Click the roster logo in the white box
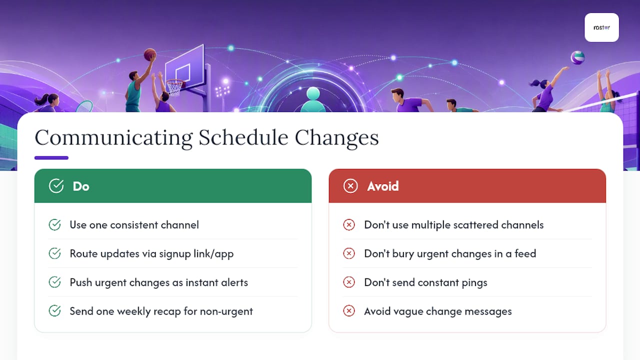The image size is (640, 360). (x=601, y=27)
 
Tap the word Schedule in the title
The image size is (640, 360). (x=243, y=138)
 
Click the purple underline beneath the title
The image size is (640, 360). (x=51, y=157)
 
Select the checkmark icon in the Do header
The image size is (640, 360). (x=56, y=186)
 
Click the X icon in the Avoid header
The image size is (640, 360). (x=350, y=186)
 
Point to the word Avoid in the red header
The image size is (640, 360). (x=383, y=186)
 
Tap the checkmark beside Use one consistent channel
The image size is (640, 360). (x=54, y=224)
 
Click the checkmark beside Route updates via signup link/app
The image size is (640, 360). (x=54, y=253)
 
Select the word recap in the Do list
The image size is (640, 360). (x=167, y=311)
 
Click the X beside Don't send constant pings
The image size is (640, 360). (x=349, y=282)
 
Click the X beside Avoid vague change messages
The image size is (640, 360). (x=349, y=311)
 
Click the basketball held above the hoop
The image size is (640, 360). (x=149, y=54)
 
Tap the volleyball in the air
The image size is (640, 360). (x=577, y=57)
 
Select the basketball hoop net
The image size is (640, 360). (x=174, y=87)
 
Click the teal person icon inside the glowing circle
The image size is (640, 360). (x=313, y=99)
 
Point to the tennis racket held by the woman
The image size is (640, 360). (x=84, y=106)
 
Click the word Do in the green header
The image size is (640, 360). (x=81, y=186)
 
